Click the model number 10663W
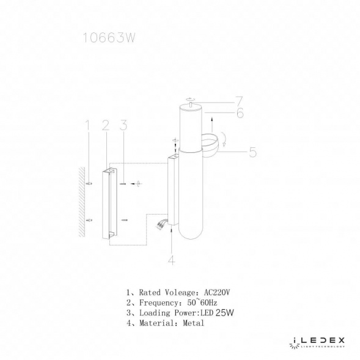(x=108, y=39)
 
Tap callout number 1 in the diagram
(x=87, y=126)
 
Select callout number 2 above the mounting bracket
(x=105, y=126)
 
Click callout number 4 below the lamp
(x=171, y=260)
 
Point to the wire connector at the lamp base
(x=162, y=224)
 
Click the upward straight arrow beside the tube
(x=209, y=117)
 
